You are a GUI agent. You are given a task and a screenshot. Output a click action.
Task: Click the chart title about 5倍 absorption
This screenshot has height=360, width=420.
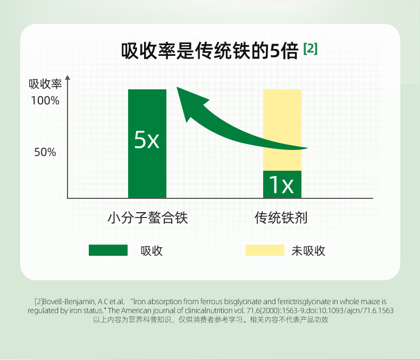click(x=209, y=51)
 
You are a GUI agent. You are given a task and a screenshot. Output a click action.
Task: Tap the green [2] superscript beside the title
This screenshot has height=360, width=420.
click(x=310, y=49)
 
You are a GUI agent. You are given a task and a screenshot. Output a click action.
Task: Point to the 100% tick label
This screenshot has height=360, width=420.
click(x=45, y=101)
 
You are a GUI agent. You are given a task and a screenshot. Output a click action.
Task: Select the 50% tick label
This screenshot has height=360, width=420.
click(x=45, y=152)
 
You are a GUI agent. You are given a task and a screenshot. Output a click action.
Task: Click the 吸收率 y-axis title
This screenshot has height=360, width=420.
click(x=45, y=84)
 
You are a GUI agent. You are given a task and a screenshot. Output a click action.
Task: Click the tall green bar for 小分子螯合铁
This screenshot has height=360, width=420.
click(x=147, y=144)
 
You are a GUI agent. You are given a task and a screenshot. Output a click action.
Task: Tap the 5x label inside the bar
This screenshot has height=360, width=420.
click(x=147, y=139)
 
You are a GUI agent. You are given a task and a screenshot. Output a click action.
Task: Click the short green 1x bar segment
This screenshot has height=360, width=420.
click(x=282, y=185)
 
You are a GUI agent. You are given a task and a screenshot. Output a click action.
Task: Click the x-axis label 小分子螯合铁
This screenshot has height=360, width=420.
click(x=148, y=217)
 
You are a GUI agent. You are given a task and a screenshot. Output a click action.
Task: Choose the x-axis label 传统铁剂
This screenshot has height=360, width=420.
click(x=281, y=217)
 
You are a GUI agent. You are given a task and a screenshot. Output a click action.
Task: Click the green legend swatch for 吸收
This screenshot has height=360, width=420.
click(x=108, y=250)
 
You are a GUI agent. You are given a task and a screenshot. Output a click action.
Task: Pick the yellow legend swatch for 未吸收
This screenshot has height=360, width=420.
click(x=265, y=250)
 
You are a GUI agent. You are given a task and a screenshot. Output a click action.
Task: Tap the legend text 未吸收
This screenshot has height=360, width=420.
click(x=308, y=251)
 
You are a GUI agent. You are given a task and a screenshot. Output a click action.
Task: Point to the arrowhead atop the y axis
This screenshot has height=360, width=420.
click(x=68, y=78)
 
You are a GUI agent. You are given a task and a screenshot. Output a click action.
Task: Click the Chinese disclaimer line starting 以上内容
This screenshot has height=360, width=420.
click(x=211, y=320)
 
